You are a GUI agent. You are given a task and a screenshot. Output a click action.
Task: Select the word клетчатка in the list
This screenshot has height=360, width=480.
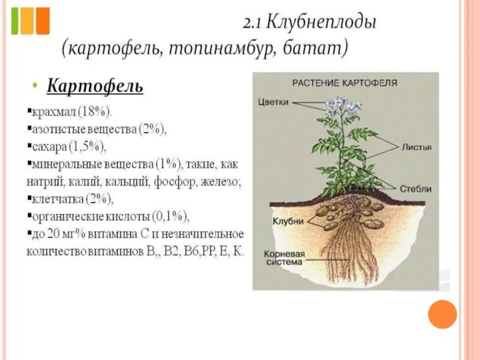[57, 199]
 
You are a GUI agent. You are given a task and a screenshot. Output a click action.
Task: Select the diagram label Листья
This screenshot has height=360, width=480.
[416, 146]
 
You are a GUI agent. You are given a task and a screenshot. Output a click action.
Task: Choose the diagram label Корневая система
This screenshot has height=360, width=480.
[284, 258]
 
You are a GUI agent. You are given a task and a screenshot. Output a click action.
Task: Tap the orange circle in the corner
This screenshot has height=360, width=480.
[443, 314]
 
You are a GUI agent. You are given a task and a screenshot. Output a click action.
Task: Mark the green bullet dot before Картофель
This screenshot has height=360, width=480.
[35, 86]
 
